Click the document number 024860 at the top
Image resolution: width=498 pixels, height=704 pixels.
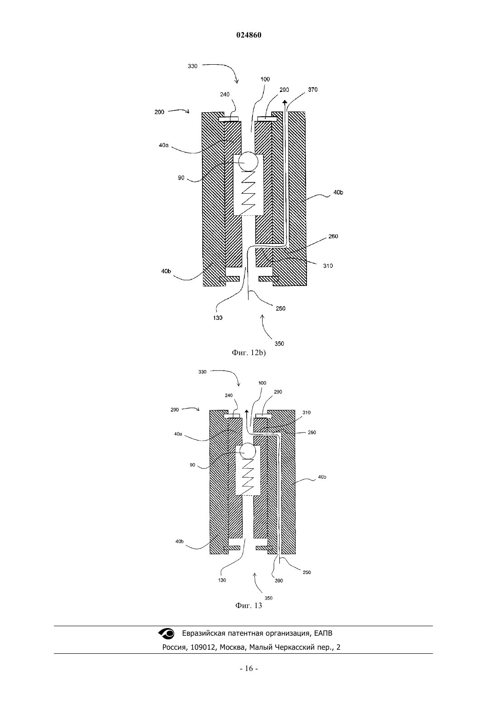249,35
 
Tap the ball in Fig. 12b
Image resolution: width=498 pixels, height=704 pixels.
248,161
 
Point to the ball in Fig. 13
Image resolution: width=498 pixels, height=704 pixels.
248,451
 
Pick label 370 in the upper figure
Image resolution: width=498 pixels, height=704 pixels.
312,90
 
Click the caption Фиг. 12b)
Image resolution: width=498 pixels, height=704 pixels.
249,352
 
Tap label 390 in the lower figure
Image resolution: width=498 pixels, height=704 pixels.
279,581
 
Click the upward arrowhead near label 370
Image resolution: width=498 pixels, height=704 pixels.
284,102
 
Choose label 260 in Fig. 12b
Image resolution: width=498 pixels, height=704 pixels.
333,236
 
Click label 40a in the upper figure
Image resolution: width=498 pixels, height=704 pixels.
163,145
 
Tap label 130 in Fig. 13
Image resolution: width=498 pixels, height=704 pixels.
222,580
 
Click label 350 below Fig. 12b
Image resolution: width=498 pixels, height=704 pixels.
279,343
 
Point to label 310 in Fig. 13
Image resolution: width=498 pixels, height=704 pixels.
306,412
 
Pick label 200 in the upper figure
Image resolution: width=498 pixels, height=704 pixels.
159,112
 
